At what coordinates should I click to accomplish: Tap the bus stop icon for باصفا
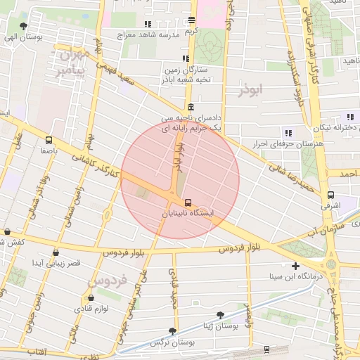[49, 139]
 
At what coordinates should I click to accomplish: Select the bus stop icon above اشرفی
[330, 195]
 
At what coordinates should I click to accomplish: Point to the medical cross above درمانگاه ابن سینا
[295, 266]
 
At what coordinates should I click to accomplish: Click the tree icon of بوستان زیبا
[221, 315]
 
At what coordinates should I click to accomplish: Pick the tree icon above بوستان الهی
[24, 25]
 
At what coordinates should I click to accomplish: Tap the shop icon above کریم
[192, 21]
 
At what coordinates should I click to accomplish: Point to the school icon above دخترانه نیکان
[349, 117]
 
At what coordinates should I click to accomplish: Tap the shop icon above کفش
[7, 231]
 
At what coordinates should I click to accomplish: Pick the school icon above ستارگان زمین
[185, 59]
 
